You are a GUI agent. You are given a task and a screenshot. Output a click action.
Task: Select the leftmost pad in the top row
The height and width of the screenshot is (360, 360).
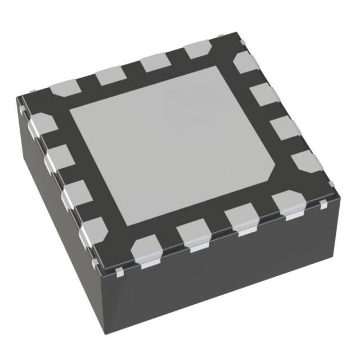pyautogui.click(x=66, y=87)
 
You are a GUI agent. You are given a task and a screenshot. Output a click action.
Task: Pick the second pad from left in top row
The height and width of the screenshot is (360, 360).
pyautogui.click(x=110, y=75)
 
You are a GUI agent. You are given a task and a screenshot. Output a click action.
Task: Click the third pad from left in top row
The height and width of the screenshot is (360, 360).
pyautogui.click(x=155, y=62)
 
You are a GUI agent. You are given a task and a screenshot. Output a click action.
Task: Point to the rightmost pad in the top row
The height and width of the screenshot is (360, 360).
pyautogui.click(x=198, y=49)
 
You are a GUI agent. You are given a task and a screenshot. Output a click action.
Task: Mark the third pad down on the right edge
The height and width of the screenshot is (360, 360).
pyautogui.click(x=284, y=127)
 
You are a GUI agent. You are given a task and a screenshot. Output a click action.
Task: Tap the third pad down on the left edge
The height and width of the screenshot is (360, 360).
pyautogui.click(x=75, y=193)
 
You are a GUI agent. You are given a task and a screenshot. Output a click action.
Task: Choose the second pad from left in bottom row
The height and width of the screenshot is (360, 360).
pyautogui.click(x=192, y=233)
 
